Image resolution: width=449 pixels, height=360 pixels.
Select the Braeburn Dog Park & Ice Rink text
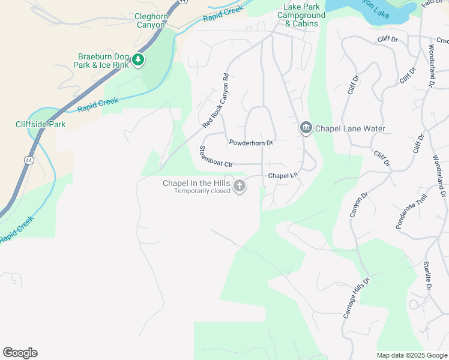point(101,60)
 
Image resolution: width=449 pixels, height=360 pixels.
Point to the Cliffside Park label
point(40,125)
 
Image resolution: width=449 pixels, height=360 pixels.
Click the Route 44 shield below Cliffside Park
point(29,160)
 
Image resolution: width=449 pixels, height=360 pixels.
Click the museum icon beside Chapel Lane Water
point(305,128)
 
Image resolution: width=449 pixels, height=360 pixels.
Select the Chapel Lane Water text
point(350,128)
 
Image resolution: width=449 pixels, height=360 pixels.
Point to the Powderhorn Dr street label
point(251,143)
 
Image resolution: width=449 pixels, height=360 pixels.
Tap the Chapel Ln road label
point(283,176)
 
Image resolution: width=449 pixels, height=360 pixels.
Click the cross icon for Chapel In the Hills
point(239,187)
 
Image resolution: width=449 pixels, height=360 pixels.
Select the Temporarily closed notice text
point(202,191)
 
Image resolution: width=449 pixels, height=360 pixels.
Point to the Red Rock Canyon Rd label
point(216,101)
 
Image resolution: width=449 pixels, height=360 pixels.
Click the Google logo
point(20,353)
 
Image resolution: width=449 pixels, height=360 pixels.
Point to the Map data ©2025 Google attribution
point(411,355)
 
